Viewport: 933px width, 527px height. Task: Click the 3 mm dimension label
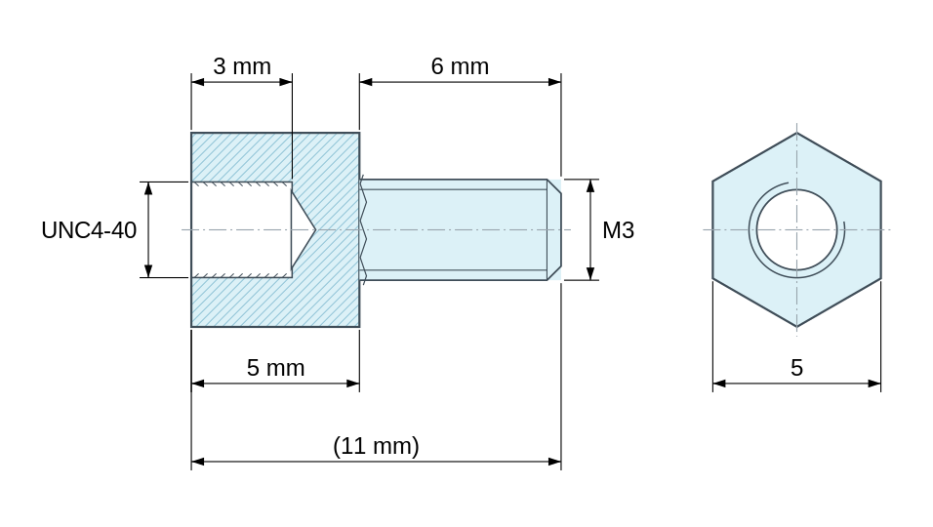point(242,66)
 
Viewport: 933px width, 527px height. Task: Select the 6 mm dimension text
point(460,66)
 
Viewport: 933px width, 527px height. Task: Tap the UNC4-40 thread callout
point(89,230)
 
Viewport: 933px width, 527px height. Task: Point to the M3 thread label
point(618,230)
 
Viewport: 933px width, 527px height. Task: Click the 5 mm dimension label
point(275,368)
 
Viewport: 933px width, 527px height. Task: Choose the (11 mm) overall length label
point(376,446)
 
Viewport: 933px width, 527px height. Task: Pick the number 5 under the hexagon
point(796,368)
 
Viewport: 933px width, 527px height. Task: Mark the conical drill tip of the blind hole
point(304,229)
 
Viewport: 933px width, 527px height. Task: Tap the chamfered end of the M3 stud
point(554,229)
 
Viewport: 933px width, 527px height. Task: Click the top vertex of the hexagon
point(796,133)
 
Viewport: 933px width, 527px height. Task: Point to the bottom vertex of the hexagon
point(796,327)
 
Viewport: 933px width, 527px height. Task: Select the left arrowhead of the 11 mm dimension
point(197,462)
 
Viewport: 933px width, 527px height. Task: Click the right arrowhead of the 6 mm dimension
point(554,81)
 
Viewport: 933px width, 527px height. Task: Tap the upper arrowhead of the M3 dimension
point(590,185)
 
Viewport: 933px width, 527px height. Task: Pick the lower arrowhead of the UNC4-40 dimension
point(148,270)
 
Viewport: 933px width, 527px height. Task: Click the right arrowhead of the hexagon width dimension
point(874,384)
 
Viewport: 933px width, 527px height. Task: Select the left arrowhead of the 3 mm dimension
point(197,81)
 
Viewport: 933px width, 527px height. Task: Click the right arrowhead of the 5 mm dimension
point(353,384)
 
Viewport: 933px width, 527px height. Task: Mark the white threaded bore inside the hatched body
point(242,229)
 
